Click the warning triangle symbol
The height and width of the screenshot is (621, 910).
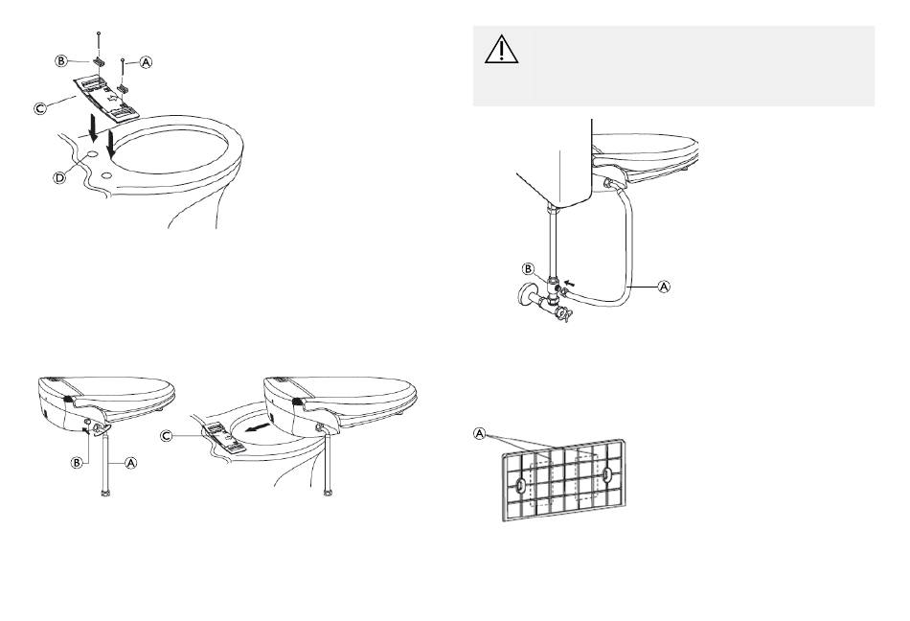tap(501, 49)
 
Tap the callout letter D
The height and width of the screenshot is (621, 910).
tap(59, 178)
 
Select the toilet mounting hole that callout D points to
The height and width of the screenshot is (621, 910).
tap(92, 155)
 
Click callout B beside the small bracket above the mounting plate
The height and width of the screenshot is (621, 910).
tap(61, 60)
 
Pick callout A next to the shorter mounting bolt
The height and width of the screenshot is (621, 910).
tap(146, 61)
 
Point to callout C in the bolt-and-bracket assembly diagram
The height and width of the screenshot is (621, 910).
tap(40, 108)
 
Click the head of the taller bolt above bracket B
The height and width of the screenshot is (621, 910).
tap(100, 34)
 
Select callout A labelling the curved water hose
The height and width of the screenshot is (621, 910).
tap(664, 287)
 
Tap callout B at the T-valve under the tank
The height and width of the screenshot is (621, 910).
tap(528, 268)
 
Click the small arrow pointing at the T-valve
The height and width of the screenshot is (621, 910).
tap(572, 284)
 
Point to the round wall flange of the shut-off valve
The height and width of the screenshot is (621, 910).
tap(527, 293)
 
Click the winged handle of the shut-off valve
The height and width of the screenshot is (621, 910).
tap(563, 314)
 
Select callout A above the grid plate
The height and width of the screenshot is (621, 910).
tap(479, 433)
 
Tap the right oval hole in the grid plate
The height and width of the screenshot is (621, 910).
tap(606, 475)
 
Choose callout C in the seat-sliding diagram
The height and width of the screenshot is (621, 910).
tap(166, 435)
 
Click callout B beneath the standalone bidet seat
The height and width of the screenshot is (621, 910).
tap(77, 463)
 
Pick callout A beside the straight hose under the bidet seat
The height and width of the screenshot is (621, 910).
tap(131, 463)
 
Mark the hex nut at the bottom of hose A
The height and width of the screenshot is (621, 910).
tap(105, 494)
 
